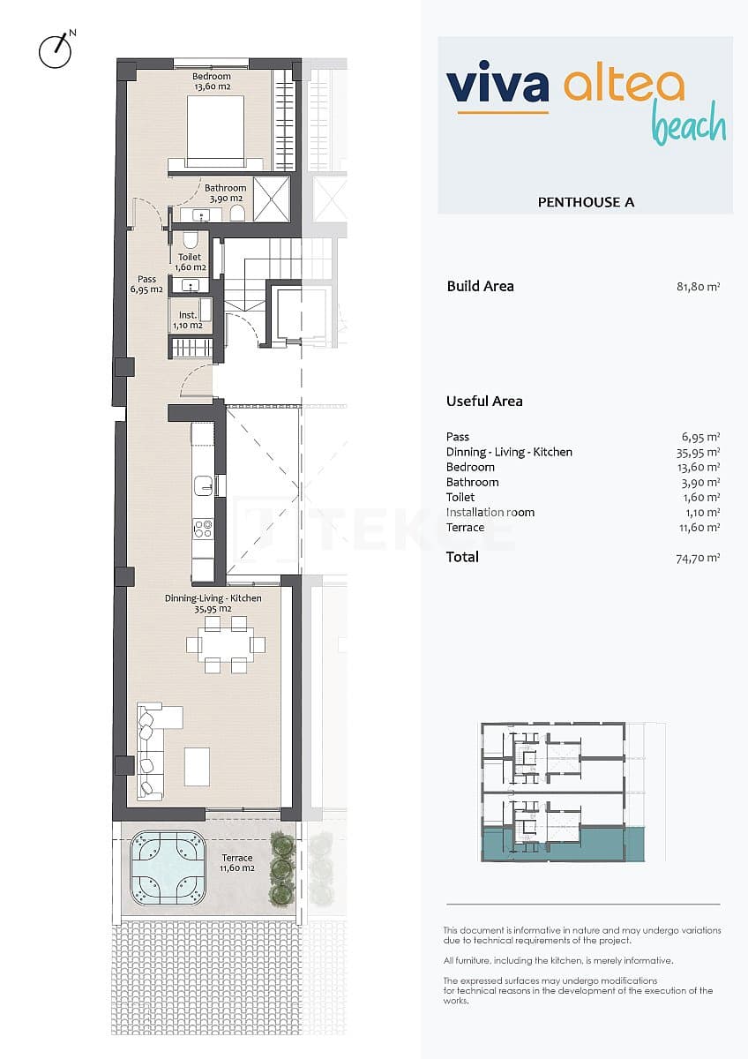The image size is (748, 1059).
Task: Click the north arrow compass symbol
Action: [x=55, y=51]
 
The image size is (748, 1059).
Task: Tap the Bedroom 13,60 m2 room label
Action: [x=212, y=81]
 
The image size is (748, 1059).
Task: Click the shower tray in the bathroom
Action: [x=272, y=199]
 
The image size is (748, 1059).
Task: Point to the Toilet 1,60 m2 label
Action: [x=190, y=262]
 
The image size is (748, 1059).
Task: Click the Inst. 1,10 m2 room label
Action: [x=187, y=319]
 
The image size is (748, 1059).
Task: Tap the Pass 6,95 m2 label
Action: [x=146, y=284]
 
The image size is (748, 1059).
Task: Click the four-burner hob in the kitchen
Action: [x=203, y=529]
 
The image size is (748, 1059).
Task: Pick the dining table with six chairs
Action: [x=226, y=644]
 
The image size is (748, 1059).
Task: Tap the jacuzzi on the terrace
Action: [x=168, y=869]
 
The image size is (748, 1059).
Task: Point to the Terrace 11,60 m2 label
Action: [x=236, y=863]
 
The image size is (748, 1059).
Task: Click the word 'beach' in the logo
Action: [x=689, y=126]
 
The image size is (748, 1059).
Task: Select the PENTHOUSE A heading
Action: [x=586, y=202]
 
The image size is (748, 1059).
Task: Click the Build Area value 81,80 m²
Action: [x=698, y=286]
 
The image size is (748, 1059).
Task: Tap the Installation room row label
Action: [x=490, y=512]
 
